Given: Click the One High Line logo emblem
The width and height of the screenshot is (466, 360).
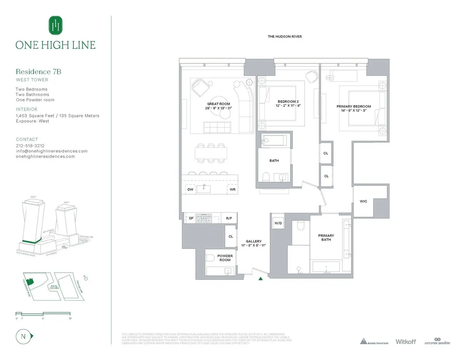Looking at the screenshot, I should (55, 25).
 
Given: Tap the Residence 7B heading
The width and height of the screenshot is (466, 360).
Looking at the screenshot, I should (38, 71).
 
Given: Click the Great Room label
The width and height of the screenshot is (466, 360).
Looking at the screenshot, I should (219, 104).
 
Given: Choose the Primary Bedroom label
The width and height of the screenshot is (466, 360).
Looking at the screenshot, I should (353, 106).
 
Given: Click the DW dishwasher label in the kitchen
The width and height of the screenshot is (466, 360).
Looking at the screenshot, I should (190, 190).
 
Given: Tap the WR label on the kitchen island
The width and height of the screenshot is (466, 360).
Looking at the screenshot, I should (232, 190).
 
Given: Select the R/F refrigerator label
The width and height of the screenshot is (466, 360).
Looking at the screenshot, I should (229, 219).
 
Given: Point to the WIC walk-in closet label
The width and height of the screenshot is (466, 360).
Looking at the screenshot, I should (363, 201).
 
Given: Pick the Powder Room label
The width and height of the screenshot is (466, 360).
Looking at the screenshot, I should (225, 258).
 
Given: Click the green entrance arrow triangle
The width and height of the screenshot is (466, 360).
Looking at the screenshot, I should (261, 278).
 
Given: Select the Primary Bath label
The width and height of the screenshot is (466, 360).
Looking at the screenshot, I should (326, 238).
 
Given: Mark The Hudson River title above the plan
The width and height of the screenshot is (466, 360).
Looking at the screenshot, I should (285, 37).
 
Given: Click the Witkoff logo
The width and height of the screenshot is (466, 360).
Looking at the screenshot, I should (405, 341).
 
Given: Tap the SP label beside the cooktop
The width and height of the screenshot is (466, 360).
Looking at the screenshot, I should (191, 219).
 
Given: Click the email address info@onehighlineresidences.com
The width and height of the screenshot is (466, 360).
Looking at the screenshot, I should (52, 151).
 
